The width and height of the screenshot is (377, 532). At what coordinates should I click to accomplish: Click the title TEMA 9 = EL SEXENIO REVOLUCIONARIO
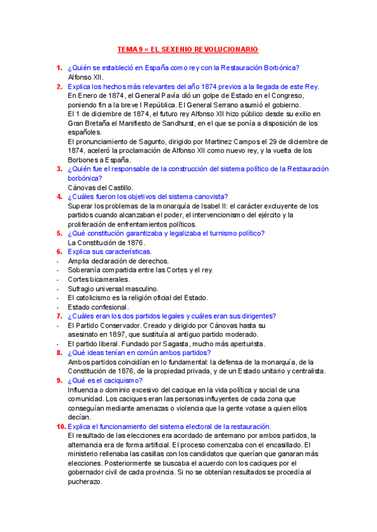coord(188,50)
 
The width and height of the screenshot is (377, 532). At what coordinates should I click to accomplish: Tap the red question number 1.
coord(58,68)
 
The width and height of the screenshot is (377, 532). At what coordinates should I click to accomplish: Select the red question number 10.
coord(60,426)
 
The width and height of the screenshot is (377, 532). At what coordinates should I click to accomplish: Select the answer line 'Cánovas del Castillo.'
coord(100,188)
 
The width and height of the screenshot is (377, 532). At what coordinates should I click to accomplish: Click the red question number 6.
coord(58,252)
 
